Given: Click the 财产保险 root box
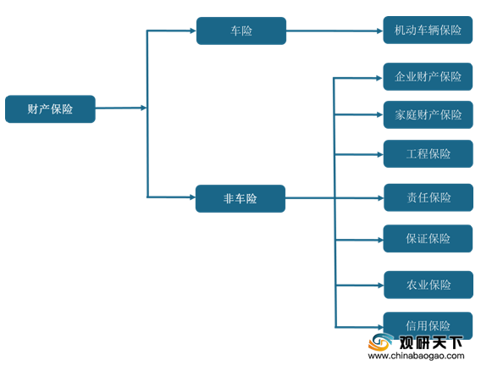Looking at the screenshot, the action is click(x=50, y=109).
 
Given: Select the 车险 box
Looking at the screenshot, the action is click(x=241, y=30).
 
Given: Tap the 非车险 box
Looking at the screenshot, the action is click(x=240, y=198).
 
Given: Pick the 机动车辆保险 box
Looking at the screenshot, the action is click(x=428, y=30).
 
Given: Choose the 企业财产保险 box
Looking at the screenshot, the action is click(x=428, y=77).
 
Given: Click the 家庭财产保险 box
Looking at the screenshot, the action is click(x=428, y=114).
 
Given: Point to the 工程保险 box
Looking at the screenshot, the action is click(x=428, y=153).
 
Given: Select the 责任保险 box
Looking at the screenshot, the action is click(x=428, y=197).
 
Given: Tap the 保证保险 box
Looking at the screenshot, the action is click(x=428, y=239).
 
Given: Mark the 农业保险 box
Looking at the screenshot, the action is click(x=428, y=285).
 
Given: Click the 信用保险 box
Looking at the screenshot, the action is click(x=428, y=325).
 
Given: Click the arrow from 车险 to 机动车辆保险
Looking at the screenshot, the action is click(x=334, y=30).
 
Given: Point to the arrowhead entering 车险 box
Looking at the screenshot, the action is click(x=193, y=30).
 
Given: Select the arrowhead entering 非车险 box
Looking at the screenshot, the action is click(x=192, y=197).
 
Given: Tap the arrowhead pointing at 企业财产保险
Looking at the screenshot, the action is click(x=379, y=78).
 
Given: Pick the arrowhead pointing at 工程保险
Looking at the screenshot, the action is click(x=379, y=155).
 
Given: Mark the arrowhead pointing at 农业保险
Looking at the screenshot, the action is click(x=380, y=286).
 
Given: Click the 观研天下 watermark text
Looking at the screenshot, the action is click(x=431, y=342).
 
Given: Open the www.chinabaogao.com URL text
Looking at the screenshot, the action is click(x=417, y=356).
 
